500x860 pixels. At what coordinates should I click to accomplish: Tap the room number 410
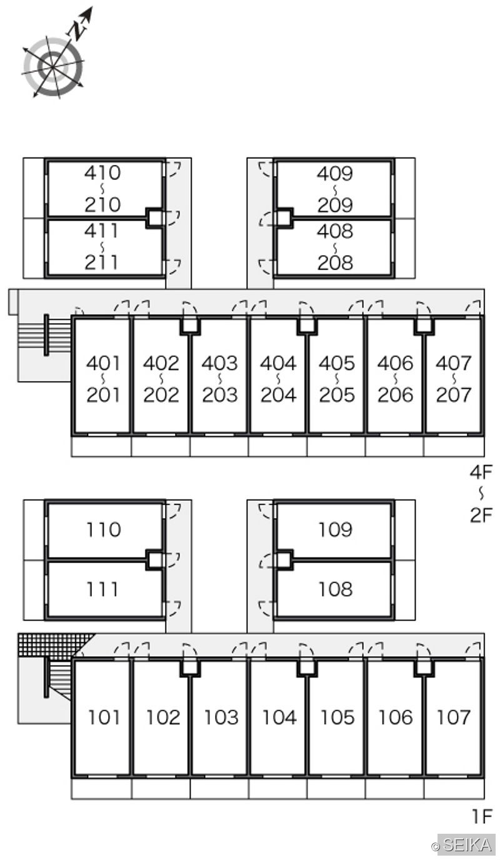[102, 172]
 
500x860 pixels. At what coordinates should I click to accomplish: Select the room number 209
[335, 205]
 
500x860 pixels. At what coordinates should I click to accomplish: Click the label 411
[101, 231]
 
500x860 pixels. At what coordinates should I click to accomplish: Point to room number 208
[335, 262]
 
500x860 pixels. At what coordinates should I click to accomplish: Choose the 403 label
[219, 363]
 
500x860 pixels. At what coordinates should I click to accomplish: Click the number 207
[454, 395]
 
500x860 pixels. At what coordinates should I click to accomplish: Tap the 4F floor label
[481, 472]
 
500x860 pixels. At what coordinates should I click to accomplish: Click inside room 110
[104, 530]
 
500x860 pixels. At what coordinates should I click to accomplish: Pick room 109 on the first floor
[334, 530]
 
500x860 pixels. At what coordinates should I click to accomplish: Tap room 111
[104, 589]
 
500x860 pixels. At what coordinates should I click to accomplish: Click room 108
[334, 589]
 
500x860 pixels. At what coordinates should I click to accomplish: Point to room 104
[278, 717]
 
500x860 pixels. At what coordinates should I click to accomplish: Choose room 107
[453, 717]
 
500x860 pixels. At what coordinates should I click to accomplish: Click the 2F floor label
[481, 515]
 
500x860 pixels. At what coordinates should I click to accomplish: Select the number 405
[336, 363]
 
